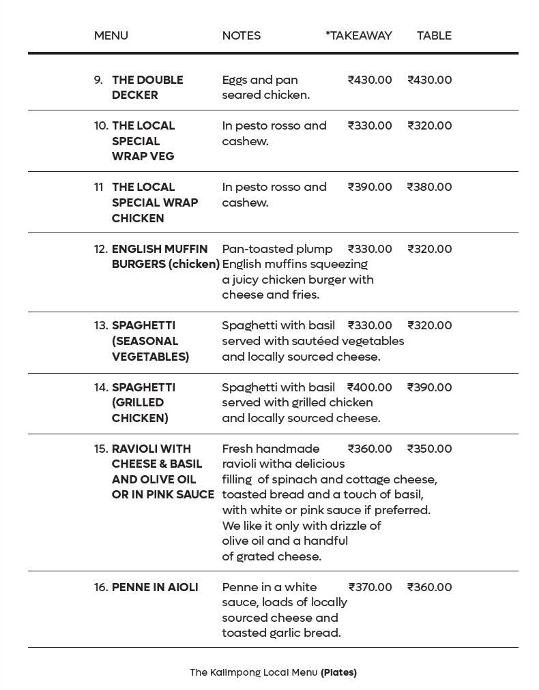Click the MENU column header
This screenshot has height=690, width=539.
pos(111,35)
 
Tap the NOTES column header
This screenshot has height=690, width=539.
pos(241,35)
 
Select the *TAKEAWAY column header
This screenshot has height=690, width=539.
pos(359,35)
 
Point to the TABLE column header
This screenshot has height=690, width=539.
pos(434,35)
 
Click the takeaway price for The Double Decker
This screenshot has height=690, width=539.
pos(370,80)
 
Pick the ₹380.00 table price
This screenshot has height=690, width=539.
pos(429,187)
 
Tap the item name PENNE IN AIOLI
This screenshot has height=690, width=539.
pos(155,587)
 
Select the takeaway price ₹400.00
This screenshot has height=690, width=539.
pos(370,387)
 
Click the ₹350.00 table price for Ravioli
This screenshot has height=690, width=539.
pos(429,449)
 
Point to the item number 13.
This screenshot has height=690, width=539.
pos(101,325)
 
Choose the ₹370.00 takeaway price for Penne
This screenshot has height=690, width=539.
pos(370,587)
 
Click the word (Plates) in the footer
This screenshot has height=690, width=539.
pos(338,672)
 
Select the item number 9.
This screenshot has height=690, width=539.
pos(98,80)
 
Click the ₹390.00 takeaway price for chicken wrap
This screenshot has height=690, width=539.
pos(370,187)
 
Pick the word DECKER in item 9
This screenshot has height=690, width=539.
pos(135,95)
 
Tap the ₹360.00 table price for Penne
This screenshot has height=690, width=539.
pos(429,587)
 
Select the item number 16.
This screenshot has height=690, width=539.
pos(101,587)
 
